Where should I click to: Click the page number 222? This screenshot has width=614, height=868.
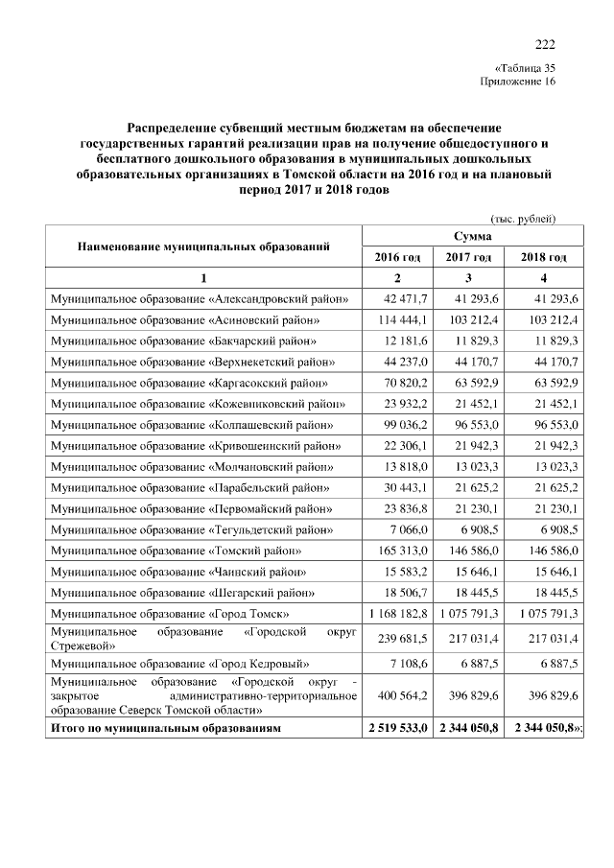pos(544,44)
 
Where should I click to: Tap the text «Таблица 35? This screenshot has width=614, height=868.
pos(524,68)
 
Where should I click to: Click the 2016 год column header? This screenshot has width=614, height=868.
pos(396,257)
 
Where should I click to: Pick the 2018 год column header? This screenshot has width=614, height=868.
pos(543,257)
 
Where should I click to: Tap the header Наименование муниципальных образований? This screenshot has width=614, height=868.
pos(203,246)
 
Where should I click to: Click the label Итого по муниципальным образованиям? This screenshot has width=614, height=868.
pos(166,729)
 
